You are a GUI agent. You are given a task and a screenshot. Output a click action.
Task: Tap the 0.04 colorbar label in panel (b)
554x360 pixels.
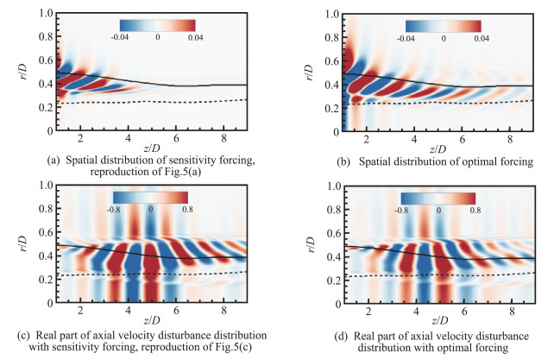(x=482, y=39)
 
